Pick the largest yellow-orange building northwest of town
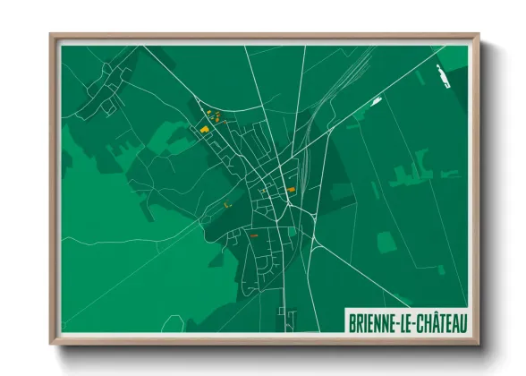pos(205,130)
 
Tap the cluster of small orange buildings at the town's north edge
pos(213,114)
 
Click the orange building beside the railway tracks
pos(291,190)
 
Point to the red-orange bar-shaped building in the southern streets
pos(254,235)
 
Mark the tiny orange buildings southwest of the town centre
pos(226,205)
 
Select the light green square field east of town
pos(386,243)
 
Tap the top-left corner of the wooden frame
pos(51,36)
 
